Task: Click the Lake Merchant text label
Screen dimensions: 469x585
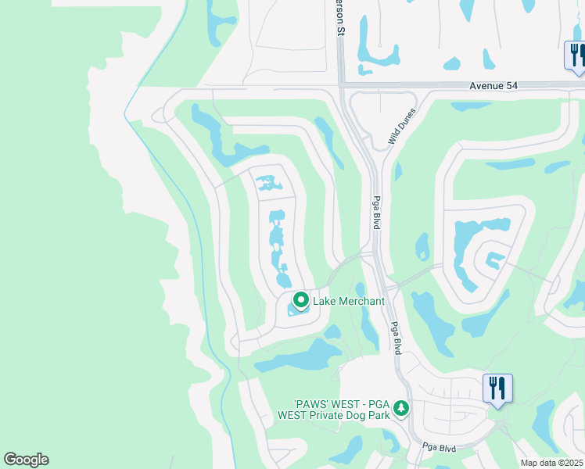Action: coord(349,301)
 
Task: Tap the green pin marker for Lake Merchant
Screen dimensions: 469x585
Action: coord(300,299)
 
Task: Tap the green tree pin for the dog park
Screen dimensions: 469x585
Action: coord(401,408)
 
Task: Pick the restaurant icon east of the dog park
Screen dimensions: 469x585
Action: coord(497,387)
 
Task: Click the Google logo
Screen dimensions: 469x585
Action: coord(26,460)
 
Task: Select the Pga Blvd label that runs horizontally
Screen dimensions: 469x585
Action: coord(439,447)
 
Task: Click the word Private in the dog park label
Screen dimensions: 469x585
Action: coord(332,415)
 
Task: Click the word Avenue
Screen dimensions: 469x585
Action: coord(486,85)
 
